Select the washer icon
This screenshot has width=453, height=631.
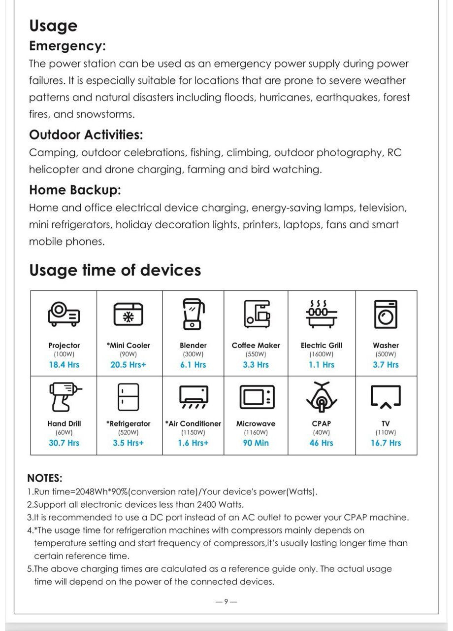pos(386,314)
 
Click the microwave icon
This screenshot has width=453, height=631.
pos(256,396)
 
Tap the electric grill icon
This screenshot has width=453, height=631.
pos(321,314)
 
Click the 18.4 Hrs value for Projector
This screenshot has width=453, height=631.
pos(64,365)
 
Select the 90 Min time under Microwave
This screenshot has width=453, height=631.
pos(256,443)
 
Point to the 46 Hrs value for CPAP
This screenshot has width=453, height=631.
pos(322,443)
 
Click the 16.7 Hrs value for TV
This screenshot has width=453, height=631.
pos(386,443)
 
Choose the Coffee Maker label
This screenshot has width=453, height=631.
pos(256,345)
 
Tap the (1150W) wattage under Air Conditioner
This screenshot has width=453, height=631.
pos(193,432)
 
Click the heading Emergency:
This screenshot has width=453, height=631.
pos(67,46)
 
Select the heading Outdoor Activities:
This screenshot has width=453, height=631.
pos(86,134)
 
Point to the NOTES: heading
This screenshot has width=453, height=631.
pos(45,478)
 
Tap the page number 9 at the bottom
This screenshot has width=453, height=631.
pos(226,601)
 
